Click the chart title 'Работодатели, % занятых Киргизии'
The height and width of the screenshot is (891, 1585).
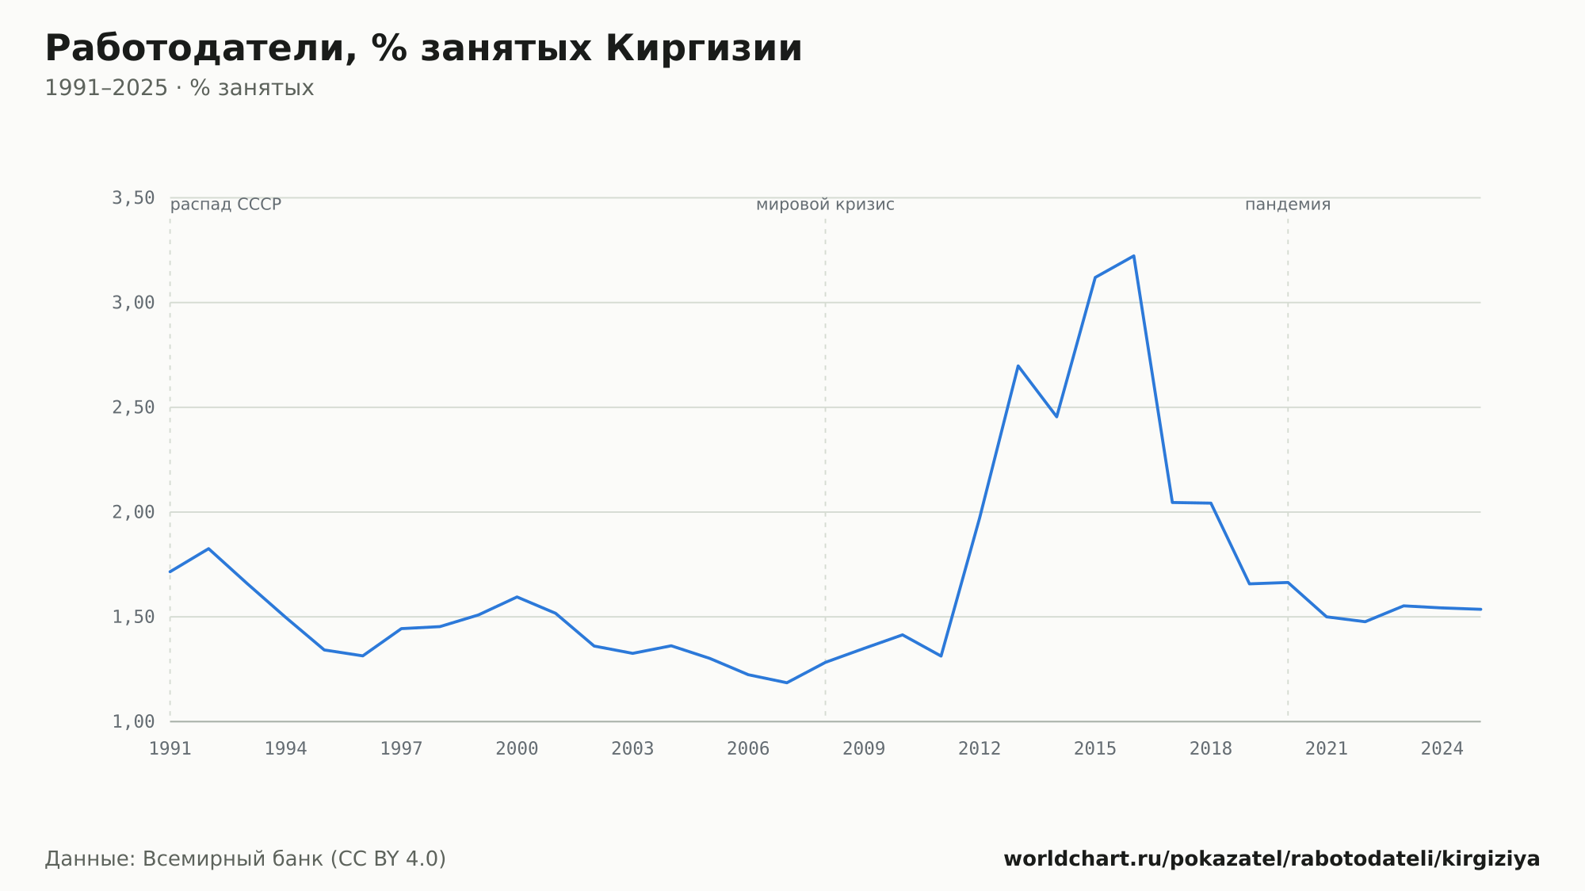[423, 48]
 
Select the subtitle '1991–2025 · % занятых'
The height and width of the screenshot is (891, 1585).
[179, 88]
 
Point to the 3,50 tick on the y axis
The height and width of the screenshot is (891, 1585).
[133, 198]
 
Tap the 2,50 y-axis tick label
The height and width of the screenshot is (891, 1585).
[133, 407]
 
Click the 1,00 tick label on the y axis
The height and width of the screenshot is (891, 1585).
[133, 721]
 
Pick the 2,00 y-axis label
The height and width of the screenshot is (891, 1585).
[133, 512]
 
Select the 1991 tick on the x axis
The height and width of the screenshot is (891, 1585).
[170, 749]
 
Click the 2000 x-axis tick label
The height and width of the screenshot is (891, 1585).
[517, 749]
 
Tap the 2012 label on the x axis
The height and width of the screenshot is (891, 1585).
[980, 749]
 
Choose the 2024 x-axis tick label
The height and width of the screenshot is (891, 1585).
[1442, 749]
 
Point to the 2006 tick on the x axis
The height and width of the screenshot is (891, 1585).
[748, 749]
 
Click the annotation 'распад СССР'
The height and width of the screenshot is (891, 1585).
[226, 205]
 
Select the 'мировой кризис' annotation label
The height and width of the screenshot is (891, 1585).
[825, 205]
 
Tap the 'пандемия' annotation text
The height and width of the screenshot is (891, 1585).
[1288, 205]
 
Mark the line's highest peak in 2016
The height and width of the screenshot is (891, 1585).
[1133, 256]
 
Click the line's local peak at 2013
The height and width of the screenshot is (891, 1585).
[1018, 365]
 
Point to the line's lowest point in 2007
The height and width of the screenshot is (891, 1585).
[786, 683]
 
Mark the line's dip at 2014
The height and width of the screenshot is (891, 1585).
[1056, 417]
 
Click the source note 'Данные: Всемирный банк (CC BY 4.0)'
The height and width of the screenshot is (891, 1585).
[246, 858]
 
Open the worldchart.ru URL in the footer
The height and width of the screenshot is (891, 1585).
[1272, 858]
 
